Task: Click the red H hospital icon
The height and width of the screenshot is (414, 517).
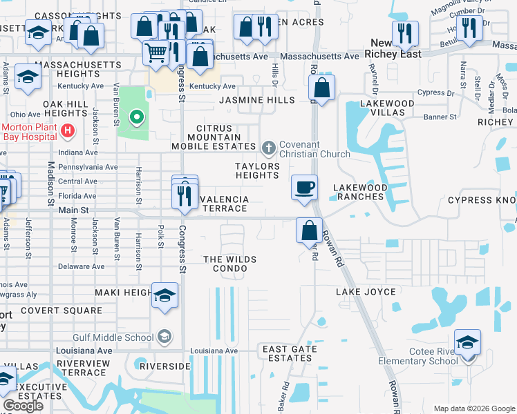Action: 68,130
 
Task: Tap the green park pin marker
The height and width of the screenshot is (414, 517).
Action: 137,117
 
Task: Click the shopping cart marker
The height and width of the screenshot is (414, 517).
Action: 157,51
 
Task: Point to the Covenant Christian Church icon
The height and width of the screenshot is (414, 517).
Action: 269,147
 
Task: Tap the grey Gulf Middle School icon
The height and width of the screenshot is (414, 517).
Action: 164,337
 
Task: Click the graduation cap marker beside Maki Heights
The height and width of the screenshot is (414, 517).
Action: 165,295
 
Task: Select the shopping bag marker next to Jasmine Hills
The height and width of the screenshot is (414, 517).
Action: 321,88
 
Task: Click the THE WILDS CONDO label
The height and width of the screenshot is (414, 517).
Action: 230,264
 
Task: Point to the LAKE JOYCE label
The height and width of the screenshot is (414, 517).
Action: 366,292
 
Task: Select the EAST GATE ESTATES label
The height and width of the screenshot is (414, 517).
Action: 290,353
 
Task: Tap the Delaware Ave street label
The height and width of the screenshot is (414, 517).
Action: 81,266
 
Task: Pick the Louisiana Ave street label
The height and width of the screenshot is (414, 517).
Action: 214,351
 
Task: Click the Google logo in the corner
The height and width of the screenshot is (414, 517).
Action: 23,406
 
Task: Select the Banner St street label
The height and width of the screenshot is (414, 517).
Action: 440,117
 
